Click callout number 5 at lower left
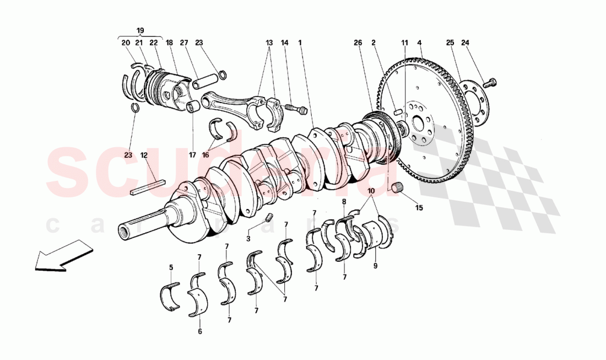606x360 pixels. click(x=171, y=267)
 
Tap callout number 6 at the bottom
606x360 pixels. click(x=200, y=331)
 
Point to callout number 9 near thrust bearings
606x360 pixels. click(x=376, y=265)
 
